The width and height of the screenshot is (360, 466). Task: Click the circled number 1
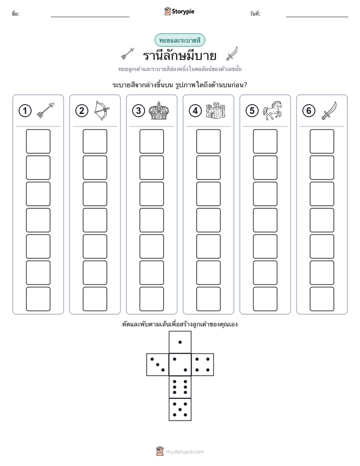[x=25, y=111]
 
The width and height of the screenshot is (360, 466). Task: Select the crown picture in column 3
[x=159, y=110]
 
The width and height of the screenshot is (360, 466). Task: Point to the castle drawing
[x=215, y=110]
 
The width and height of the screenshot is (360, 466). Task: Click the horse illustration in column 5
[x=272, y=110]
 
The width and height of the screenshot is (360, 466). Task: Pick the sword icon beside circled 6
[x=329, y=110]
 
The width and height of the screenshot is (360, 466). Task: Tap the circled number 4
[x=195, y=111]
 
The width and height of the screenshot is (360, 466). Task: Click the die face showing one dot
[x=180, y=342]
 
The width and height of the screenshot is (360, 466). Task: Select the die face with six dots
[x=180, y=387]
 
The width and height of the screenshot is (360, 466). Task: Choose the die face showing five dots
[x=180, y=410]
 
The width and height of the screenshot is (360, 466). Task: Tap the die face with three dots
[x=158, y=365]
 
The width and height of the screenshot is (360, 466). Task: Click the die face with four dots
[x=203, y=365]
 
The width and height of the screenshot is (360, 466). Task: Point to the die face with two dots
[x=180, y=365]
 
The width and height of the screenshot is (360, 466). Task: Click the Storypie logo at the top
[x=179, y=11]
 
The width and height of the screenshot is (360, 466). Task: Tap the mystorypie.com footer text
[x=185, y=452]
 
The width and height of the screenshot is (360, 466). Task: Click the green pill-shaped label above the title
[x=179, y=40]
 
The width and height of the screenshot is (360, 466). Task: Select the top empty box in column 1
[x=38, y=141]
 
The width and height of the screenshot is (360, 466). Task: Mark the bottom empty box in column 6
[x=322, y=299]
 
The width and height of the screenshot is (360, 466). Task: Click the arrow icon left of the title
[x=128, y=53]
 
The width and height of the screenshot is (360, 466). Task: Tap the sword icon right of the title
[x=232, y=53]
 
